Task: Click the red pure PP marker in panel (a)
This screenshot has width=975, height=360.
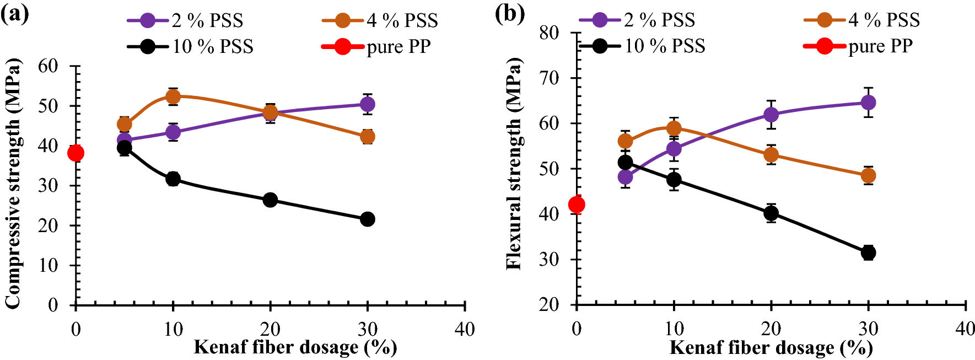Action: tap(76, 153)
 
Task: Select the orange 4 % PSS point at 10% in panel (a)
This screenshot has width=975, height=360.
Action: tap(173, 97)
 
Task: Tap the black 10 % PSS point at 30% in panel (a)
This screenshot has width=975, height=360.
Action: tap(368, 219)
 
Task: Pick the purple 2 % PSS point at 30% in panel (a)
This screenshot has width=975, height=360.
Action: tap(368, 104)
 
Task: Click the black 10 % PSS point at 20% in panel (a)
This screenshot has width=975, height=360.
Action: tap(270, 200)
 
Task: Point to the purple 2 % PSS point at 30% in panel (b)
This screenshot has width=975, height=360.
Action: tap(868, 103)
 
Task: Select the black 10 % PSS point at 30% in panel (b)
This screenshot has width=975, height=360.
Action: tap(868, 252)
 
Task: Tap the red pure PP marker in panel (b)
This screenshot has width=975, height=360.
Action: tap(577, 205)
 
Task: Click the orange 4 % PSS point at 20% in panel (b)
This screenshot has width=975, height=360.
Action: tap(771, 155)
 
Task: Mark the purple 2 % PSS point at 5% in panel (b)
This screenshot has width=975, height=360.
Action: tap(625, 177)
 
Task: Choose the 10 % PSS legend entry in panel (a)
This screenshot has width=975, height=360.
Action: tap(190, 46)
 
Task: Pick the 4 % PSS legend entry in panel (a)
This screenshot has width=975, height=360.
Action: tap(380, 21)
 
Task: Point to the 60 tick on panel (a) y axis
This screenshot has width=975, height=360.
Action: tap(48, 66)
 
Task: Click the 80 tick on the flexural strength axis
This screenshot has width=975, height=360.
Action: tap(549, 33)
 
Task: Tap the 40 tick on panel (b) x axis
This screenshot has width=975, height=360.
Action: tap(965, 329)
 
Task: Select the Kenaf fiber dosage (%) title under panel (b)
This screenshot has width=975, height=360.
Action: tap(771, 348)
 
